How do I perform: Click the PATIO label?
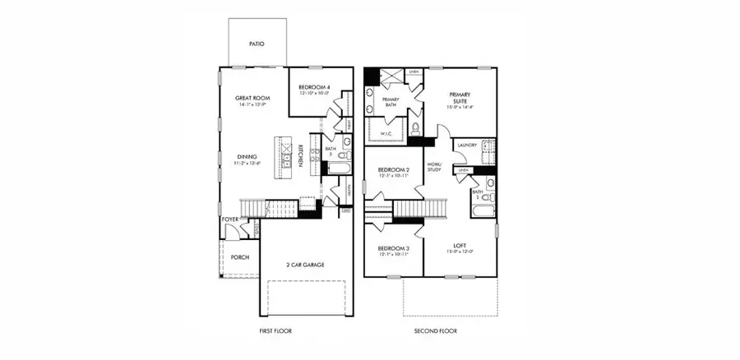256,44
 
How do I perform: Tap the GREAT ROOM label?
254,99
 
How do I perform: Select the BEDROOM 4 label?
313,87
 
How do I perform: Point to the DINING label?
248,157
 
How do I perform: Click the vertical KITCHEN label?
301,155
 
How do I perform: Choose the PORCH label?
239,257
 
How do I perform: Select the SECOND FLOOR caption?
435,331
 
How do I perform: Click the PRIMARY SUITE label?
460,99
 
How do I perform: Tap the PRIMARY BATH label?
391,102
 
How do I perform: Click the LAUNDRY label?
468,145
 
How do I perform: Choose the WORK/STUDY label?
434,167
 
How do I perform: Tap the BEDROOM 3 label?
394,248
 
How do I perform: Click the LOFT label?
460,246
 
